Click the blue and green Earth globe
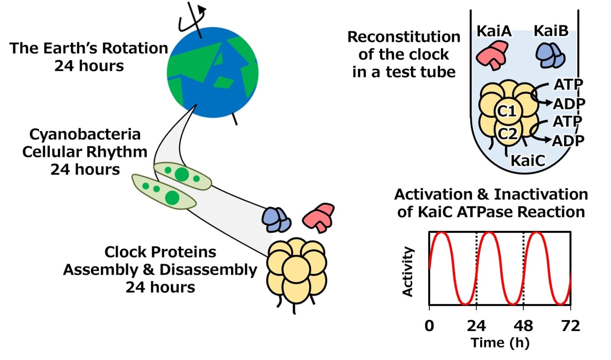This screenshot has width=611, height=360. click(x=213, y=72)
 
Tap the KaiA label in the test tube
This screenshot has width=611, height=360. click(x=494, y=31)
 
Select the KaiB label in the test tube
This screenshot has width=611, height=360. click(x=551, y=31)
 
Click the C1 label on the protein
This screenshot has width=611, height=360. click(x=507, y=111)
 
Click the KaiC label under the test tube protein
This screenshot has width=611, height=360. click(x=527, y=160)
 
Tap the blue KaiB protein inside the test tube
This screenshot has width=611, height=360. click(x=550, y=55)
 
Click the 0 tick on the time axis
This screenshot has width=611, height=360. click(x=429, y=326)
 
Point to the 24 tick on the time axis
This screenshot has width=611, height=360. click(x=476, y=326)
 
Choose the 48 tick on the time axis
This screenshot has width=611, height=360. click(x=523, y=326)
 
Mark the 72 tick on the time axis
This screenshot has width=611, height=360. click(x=570, y=326)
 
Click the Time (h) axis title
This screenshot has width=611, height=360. click(x=500, y=343)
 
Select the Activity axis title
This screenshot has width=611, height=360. click(x=408, y=272)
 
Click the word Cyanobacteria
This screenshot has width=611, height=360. click(x=85, y=134)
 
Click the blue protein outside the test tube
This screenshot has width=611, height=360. click(x=276, y=220)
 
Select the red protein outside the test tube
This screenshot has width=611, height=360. click(x=319, y=216)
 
